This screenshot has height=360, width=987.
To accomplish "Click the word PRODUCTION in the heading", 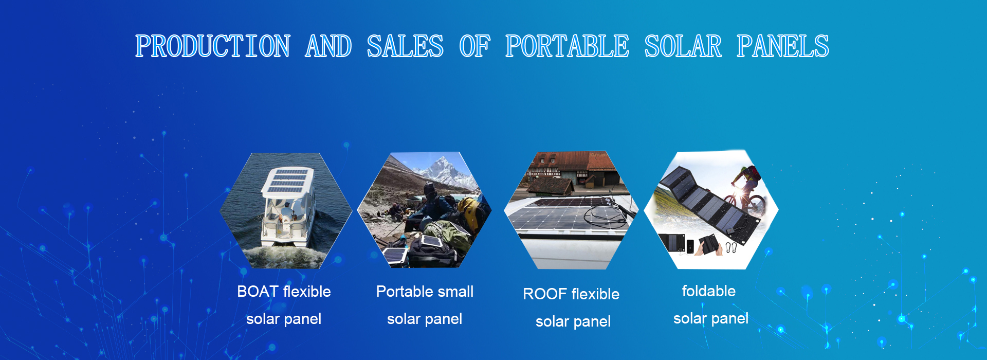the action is click(x=213, y=46).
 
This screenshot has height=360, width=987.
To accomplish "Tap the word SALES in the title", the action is click(x=405, y=46).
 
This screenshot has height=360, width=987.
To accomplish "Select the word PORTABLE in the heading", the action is click(x=567, y=46).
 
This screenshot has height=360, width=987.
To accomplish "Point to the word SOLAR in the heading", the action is click(x=683, y=46).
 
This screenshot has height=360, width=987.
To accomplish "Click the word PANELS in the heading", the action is click(x=783, y=46).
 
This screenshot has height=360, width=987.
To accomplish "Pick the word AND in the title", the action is click(x=328, y=46).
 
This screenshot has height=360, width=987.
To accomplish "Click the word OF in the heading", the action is click(x=474, y=46).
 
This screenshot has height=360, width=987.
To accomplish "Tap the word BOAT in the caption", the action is click(x=258, y=292).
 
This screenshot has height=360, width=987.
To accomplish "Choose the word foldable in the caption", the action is click(x=708, y=291).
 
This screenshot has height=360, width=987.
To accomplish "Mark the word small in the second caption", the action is click(x=456, y=292).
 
